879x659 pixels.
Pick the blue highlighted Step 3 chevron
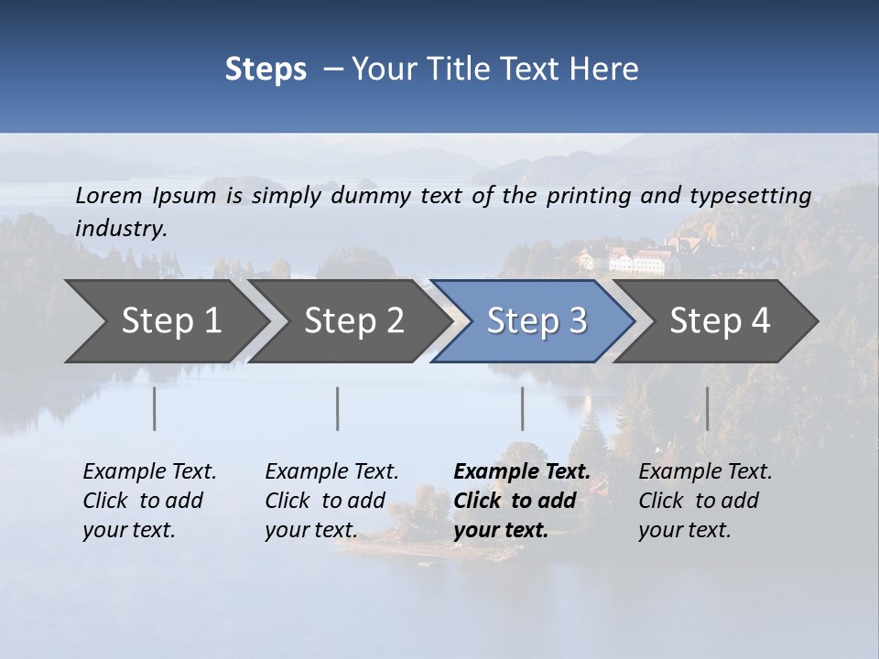click(x=536, y=321)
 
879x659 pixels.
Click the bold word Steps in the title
click(x=266, y=70)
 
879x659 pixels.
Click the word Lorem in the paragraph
click(x=109, y=195)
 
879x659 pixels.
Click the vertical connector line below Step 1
click(x=155, y=408)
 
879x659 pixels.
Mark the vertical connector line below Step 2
click(x=338, y=408)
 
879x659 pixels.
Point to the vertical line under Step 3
click(x=522, y=408)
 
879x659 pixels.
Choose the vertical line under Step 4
click(x=707, y=408)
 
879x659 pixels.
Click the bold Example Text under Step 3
click(x=522, y=472)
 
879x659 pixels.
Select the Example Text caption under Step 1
click(x=149, y=472)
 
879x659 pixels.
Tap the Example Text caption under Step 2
click(x=331, y=472)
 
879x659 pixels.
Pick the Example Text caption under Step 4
click(x=705, y=472)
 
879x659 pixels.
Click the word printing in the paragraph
click(x=582, y=195)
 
